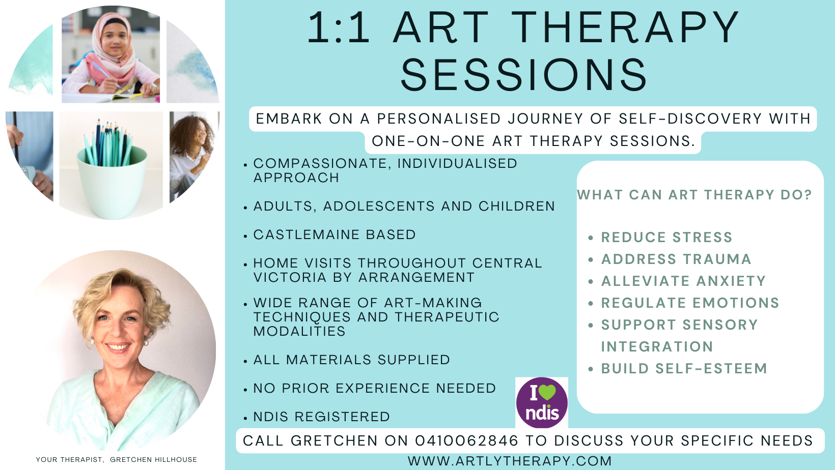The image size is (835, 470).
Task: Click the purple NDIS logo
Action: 542,402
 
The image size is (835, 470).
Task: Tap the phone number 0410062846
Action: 466,440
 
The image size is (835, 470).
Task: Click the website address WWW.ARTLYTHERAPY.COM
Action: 510,461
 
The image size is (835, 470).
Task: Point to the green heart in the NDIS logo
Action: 547,392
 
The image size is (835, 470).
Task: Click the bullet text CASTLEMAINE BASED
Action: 335,234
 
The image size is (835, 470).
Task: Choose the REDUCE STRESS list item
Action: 666,237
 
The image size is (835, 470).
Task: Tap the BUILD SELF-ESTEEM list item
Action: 684,368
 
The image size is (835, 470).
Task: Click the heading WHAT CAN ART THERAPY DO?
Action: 694,195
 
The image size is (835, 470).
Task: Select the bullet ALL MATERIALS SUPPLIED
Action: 351,360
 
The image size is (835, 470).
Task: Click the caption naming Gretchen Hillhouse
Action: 116,459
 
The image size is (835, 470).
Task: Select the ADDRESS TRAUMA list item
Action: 676,259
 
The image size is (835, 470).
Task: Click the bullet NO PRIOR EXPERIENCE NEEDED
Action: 375,388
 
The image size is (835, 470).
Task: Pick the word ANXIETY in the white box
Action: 731,281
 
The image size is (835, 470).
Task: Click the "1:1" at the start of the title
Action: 338,28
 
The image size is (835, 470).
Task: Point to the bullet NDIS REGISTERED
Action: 321,417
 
